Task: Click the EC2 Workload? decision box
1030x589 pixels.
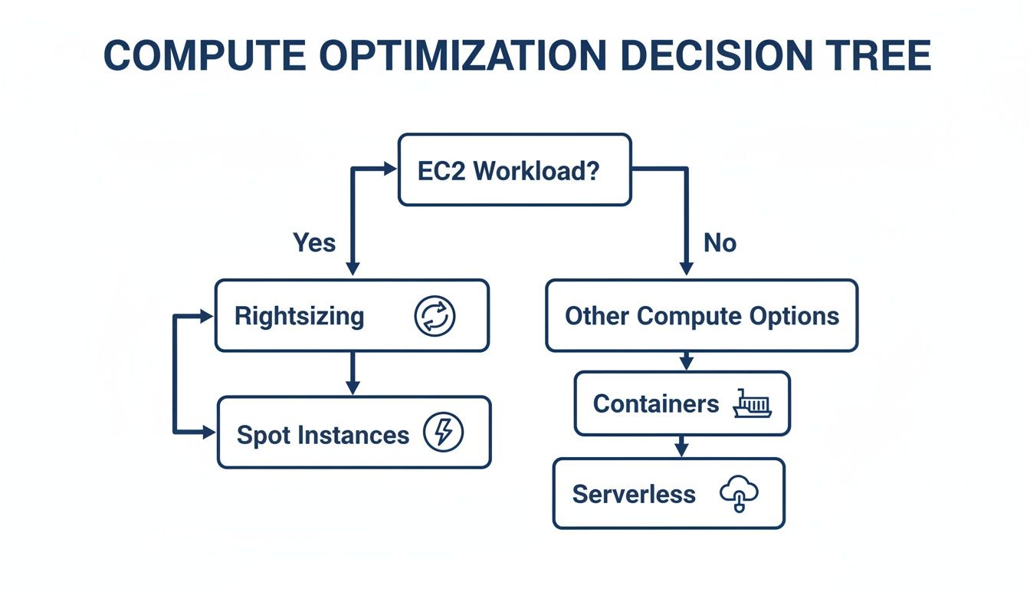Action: pos(514,169)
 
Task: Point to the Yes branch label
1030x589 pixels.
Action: pos(314,243)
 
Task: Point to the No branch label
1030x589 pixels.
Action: pos(720,243)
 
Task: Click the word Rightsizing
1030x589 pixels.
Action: pos(299,316)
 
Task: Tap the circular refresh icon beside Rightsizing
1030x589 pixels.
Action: pos(435,316)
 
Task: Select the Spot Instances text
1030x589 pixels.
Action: pos(323,435)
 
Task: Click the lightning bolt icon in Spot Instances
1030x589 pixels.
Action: pos(443,433)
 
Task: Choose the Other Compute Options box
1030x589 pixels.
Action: pos(701,316)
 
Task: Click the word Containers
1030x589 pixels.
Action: pos(655,404)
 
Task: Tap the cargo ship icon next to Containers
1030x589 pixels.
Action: pos(752,403)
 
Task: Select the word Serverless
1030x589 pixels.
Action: pos(634,494)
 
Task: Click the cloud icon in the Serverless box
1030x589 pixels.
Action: pos(738,494)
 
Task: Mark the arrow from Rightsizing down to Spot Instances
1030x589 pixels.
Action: pos(352,373)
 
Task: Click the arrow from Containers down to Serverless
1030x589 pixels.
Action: pos(681,446)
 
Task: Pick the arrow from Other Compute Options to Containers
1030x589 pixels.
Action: pos(686,360)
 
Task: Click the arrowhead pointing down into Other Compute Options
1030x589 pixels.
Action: pos(686,268)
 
